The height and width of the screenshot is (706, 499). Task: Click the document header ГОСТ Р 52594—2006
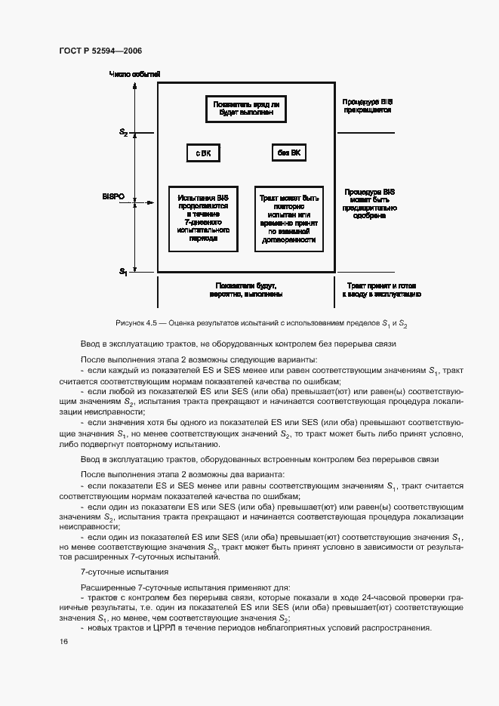pyautogui.click(x=100, y=51)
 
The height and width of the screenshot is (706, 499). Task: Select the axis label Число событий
pyautogui.click(x=134, y=74)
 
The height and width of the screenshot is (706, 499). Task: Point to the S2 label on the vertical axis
pyautogui.click(x=123, y=132)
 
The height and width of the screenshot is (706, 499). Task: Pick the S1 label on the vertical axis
pyautogui.click(x=123, y=270)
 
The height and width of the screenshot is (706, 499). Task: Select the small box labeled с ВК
pyautogui.click(x=203, y=153)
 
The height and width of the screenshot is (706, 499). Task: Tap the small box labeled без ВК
pyautogui.click(x=288, y=153)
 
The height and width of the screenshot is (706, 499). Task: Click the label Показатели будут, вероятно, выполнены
pyautogui.click(x=245, y=290)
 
